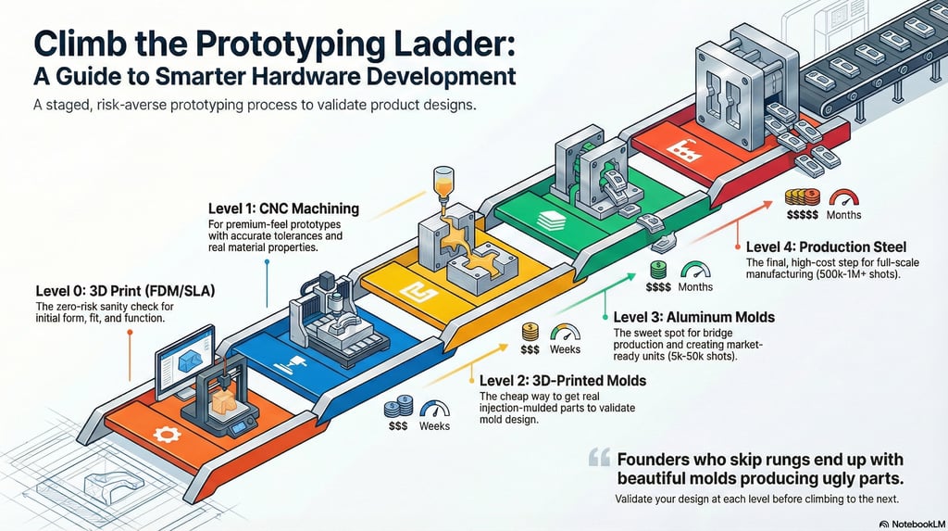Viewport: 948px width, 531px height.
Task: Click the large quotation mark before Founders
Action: [600, 457]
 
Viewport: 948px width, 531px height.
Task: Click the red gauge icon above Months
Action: [842, 197]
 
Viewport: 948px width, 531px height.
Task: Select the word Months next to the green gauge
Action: [696, 288]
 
